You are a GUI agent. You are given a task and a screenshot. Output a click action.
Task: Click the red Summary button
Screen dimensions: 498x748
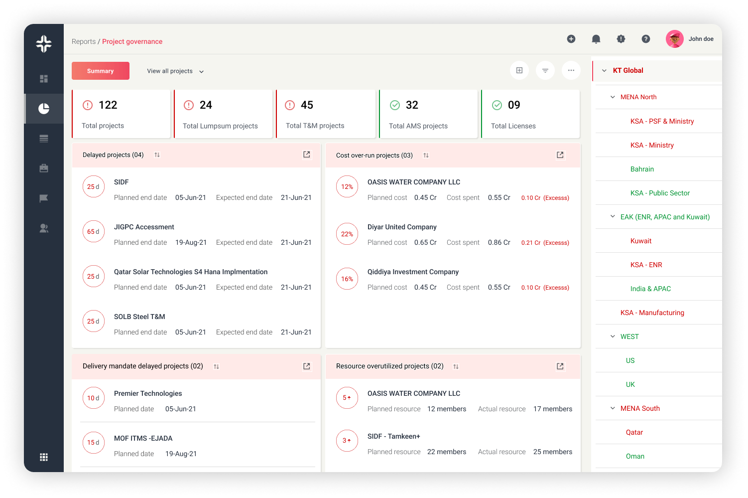coord(101,71)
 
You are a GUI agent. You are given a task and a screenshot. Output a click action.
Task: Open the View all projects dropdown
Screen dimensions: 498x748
coord(175,71)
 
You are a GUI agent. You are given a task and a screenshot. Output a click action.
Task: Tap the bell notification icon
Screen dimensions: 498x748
coord(596,39)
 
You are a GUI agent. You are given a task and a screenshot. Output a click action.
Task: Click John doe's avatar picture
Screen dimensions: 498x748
coord(674,39)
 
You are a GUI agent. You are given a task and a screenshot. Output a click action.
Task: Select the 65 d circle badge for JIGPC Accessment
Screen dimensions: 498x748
coord(94,231)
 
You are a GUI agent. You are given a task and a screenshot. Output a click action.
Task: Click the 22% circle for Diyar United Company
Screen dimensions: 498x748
coord(347,234)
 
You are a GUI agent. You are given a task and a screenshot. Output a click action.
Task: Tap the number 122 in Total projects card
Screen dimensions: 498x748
coord(108,105)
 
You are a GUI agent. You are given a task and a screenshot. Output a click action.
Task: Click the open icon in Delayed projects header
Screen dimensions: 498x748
coord(307,155)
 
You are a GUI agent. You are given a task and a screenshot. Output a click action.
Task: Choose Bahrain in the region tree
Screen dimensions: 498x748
coord(642,169)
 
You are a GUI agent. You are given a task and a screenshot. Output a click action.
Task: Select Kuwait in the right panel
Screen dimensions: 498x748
coord(640,241)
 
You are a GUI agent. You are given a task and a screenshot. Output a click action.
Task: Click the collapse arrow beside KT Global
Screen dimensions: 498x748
coord(604,71)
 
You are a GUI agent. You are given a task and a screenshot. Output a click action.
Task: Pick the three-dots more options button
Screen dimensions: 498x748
coord(571,70)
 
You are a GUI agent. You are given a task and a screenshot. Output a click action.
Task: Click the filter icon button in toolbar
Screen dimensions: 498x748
coord(545,70)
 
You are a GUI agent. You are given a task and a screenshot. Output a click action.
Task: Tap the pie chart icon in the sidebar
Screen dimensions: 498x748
coord(44,108)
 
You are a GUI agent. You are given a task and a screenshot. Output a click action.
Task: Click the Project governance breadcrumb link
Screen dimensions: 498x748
coord(132,41)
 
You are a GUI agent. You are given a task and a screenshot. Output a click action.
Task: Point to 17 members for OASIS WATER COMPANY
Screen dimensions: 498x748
coord(552,409)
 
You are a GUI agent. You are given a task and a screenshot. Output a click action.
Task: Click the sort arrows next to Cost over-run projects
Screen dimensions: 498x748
coord(426,155)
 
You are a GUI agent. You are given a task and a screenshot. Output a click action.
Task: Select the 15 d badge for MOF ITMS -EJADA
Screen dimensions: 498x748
coord(94,442)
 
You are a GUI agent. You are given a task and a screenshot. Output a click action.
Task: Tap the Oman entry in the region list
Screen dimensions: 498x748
coord(635,456)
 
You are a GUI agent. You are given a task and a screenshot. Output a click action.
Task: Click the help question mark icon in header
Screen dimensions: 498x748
coord(645,39)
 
